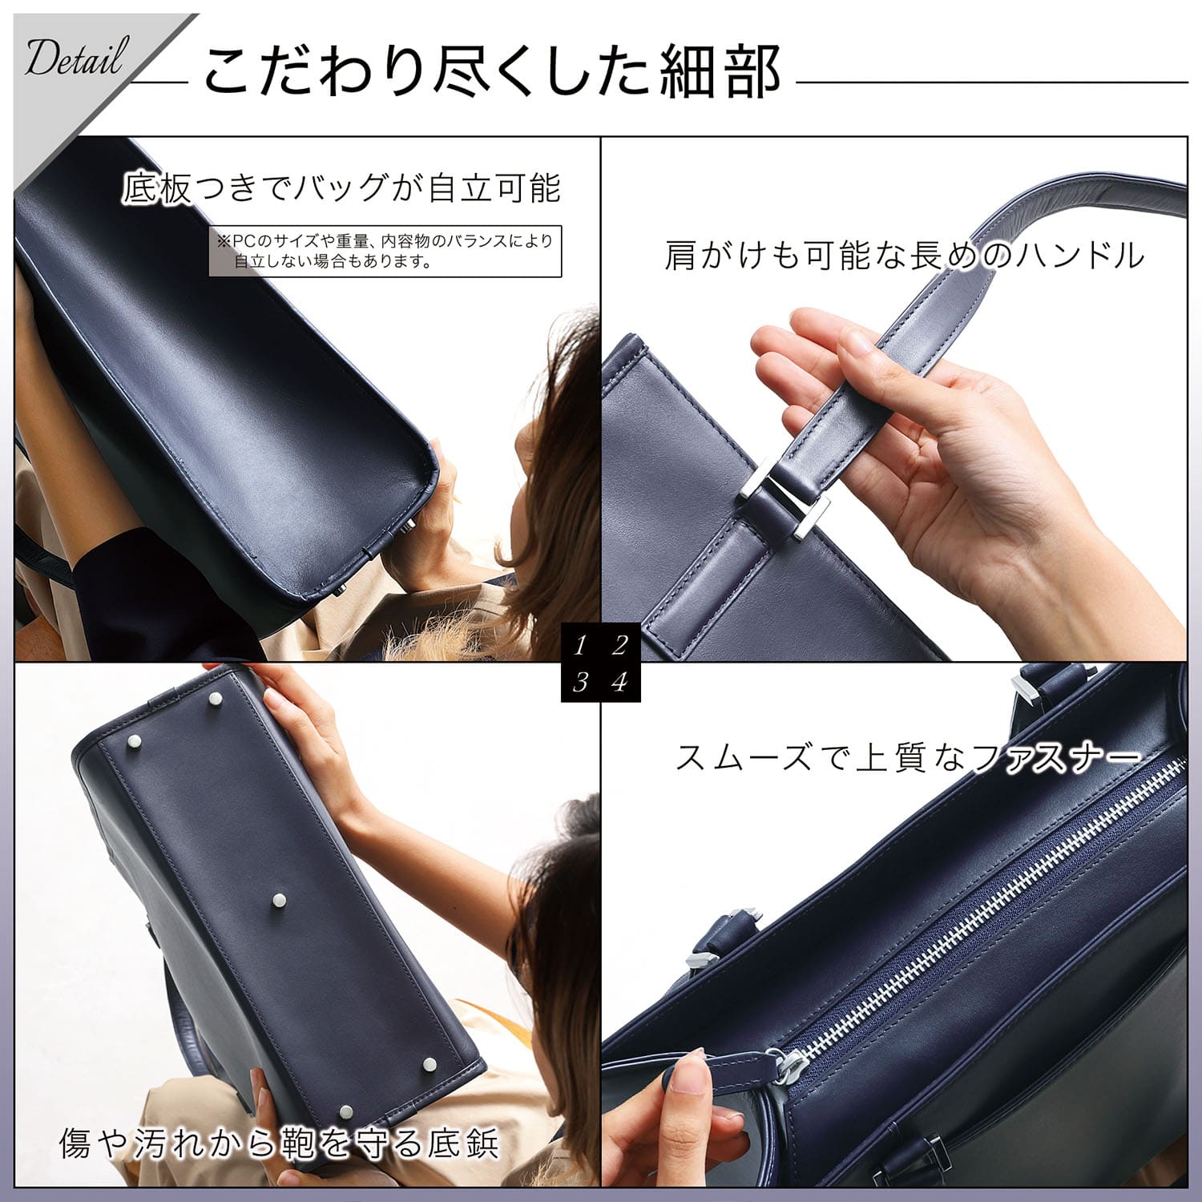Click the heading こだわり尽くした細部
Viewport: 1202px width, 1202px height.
click(x=492, y=71)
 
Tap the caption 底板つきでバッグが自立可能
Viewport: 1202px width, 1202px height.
click(x=341, y=188)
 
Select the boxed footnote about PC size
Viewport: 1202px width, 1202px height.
click(x=385, y=251)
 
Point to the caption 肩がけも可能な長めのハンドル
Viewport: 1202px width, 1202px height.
click(x=904, y=256)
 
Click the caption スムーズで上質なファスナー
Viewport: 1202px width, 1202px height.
click(x=908, y=757)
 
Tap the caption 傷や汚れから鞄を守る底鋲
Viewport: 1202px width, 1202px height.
click(x=279, y=1144)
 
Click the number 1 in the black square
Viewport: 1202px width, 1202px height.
click(x=580, y=644)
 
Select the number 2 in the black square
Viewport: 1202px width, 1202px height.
click(x=619, y=644)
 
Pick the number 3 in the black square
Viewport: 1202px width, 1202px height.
click(x=580, y=682)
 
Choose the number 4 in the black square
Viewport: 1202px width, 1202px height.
click(x=619, y=682)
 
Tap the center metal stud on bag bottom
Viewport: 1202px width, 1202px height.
click(x=280, y=900)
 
